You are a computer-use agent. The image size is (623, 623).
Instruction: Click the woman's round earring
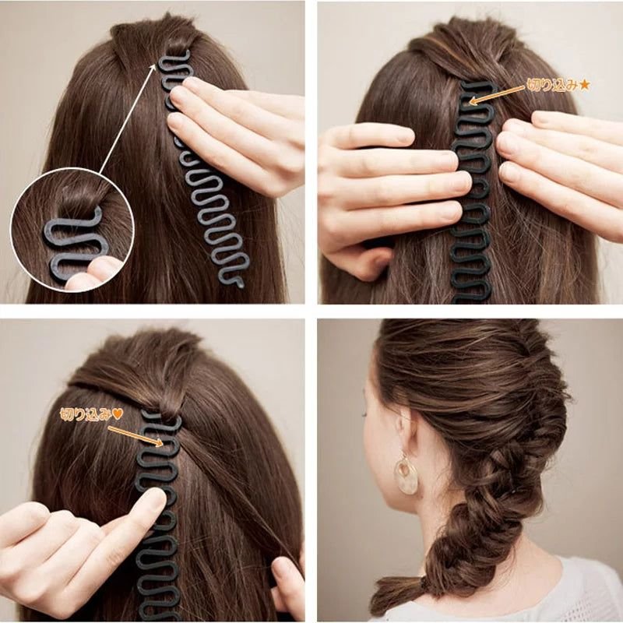[x=405, y=475]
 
